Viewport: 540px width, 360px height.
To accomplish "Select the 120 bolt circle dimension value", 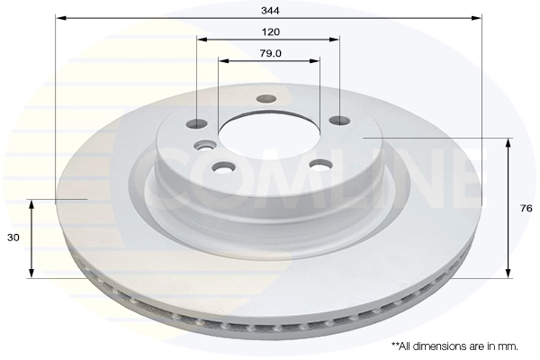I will [x=269, y=31].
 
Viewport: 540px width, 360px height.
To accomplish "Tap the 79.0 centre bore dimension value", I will [x=269, y=53].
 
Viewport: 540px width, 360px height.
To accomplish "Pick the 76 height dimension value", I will [x=526, y=208].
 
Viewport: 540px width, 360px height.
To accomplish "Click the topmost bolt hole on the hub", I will [x=265, y=99].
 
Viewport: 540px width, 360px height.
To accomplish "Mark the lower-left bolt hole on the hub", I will [x=221, y=166].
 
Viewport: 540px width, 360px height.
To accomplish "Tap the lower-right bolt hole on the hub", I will [x=317, y=164].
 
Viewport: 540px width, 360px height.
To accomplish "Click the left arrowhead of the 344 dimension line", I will [x=59, y=17].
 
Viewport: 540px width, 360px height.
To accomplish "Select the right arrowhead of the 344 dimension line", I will [x=479, y=17].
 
